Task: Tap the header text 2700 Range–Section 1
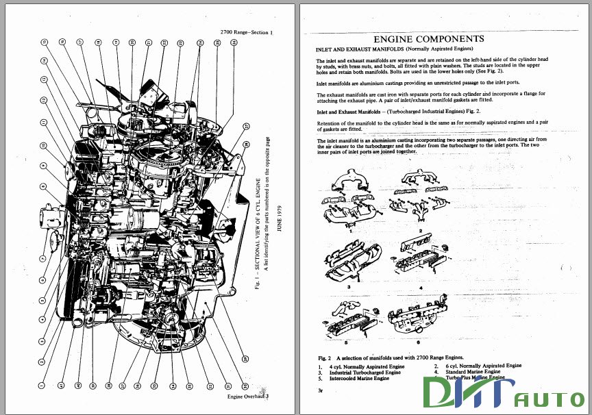(x=246, y=32)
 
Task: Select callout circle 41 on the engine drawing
(x=60, y=386)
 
